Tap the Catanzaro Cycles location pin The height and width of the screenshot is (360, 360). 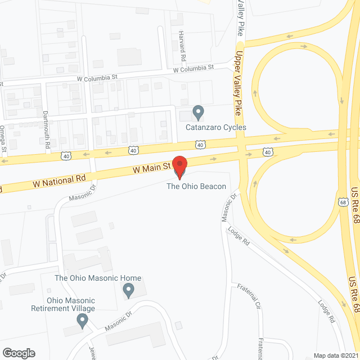[x=198, y=113]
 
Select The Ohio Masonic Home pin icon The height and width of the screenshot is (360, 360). [x=128, y=291]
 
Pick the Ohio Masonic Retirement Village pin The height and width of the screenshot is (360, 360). [x=83, y=321]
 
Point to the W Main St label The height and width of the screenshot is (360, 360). [x=151, y=168]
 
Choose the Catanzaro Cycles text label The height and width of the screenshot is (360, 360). [x=216, y=128]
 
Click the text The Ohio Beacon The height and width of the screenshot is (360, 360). [x=196, y=187]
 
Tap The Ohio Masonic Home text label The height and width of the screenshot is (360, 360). [x=97, y=278]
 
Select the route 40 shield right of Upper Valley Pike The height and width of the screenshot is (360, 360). [x=267, y=152]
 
